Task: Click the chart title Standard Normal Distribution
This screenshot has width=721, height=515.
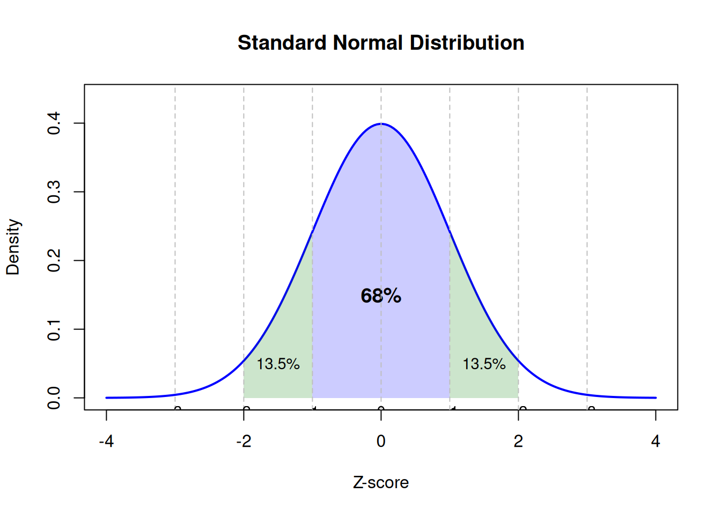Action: (x=381, y=43)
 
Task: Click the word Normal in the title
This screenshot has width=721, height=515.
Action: (x=368, y=43)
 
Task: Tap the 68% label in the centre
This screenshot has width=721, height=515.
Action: (x=381, y=296)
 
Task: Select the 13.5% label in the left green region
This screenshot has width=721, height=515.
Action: (x=278, y=364)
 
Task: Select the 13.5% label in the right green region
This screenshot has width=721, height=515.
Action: (x=484, y=364)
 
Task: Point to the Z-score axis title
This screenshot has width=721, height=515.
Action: (x=381, y=483)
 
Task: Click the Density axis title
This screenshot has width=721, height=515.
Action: (x=13, y=247)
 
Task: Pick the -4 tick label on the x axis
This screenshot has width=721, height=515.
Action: (x=106, y=442)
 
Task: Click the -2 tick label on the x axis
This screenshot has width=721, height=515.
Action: (x=244, y=442)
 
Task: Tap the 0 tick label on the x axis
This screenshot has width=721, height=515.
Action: (x=381, y=442)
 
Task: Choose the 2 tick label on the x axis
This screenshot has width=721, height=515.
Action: (x=518, y=442)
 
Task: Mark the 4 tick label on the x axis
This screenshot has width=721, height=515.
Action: (x=656, y=442)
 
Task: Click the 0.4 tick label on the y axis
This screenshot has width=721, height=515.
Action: (x=54, y=123)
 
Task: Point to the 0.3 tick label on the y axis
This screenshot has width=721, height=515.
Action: (x=54, y=192)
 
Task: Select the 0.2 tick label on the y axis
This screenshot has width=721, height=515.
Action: (x=54, y=261)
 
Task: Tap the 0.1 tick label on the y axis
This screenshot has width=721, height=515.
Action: (x=54, y=329)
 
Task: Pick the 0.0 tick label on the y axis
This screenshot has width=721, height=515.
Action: (x=54, y=398)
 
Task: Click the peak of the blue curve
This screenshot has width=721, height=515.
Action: (x=381, y=124)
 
